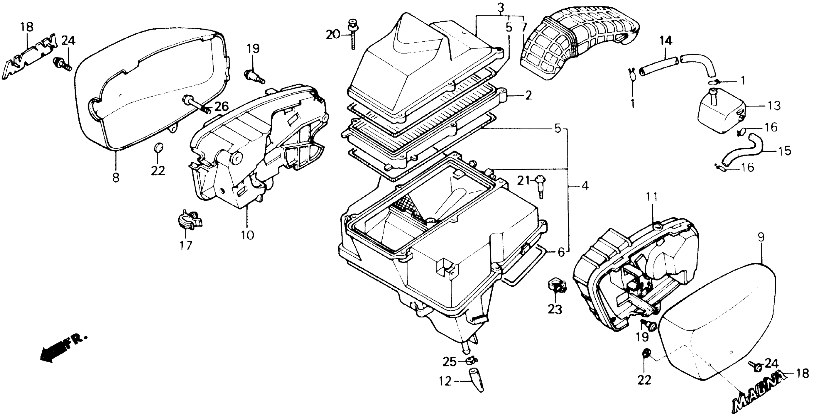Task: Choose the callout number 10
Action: point(247,235)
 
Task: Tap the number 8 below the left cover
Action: point(116,178)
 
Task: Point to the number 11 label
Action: point(652,197)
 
